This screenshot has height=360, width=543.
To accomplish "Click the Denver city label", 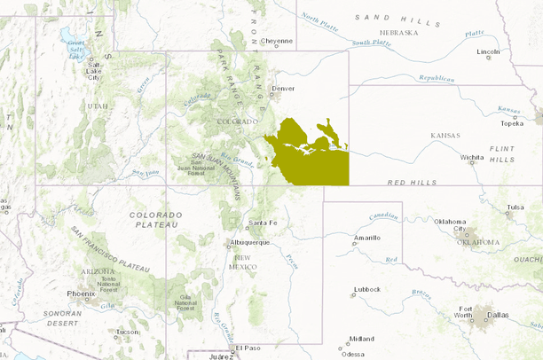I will click(x=283, y=89).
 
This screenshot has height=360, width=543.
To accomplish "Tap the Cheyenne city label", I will click(x=277, y=41).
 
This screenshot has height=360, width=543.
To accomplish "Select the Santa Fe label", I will click(x=263, y=222).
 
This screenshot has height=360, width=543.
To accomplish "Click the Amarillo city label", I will click(x=367, y=238).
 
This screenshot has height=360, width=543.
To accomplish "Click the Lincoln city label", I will click(x=489, y=52).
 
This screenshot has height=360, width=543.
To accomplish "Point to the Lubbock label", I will click(x=366, y=289).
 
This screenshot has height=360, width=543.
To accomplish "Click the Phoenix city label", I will click(x=81, y=293).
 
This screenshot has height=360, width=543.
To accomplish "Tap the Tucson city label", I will click(x=127, y=332).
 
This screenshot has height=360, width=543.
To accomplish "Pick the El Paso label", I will click(x=248, y=348).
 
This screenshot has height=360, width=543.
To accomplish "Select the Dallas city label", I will click(x=498, y=315).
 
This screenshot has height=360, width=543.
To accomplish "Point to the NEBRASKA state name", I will click(x=399, y=32).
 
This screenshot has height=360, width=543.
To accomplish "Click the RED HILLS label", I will click(x=413, y=182).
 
